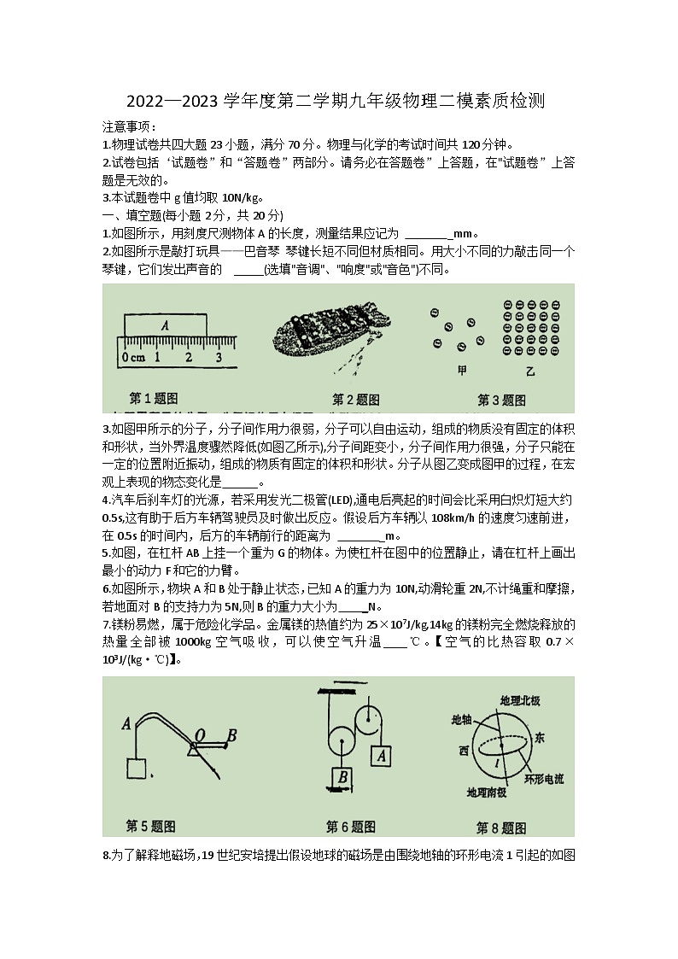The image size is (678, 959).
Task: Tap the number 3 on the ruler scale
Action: click(x=219, y=357)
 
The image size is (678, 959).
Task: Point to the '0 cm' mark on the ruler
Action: click(x=132, y=357)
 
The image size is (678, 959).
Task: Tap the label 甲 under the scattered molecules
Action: click(x=462, y=370)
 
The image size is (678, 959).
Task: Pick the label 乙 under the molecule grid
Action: click(x=530, y=371)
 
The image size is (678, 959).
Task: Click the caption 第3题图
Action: click(x=502, y=400)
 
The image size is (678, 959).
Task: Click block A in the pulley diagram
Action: click(x=382, y=755)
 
